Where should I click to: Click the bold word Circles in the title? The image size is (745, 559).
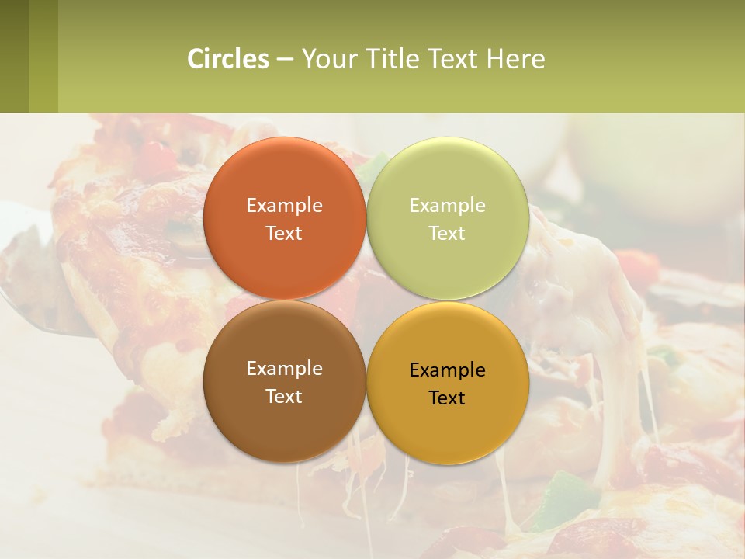pyautogui.click(x=228, y=59)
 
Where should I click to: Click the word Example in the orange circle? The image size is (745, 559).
pyautogui.click(x=284, y=205)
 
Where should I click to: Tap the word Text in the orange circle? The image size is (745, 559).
pyautogui.click(x=284, y=233)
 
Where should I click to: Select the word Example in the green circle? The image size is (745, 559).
pyautogui.click(x=447, y=205)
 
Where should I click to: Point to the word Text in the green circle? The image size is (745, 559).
pyautogui.click(x=447, y=233)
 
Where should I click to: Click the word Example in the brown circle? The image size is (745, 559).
pyautogui.click(x=284, y=368)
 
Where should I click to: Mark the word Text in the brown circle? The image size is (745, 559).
pyautogui.click(x=284, y=396)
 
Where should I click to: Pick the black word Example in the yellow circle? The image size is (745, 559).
pyautogui.click(x=447, y=370)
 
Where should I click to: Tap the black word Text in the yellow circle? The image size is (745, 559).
pyautogui.click(x=447, y=398)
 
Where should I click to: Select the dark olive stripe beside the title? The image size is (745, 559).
pyautogui.click(x=14, y=56)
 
